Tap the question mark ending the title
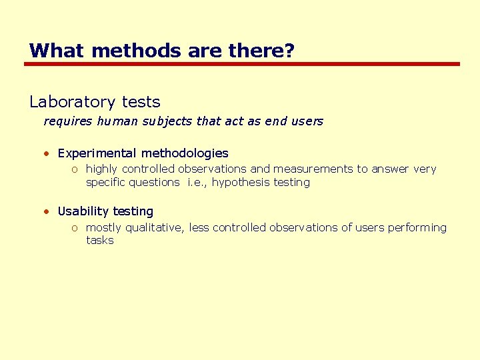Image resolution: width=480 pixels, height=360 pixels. pyautogui.click(x=289, y=51)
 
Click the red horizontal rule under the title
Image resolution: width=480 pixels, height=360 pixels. pyautogui.click(x=241, y=64)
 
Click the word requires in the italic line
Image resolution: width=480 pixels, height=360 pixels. pyautogui.click(x=68, y=121)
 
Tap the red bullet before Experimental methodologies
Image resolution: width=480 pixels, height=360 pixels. pyautogui.click(x=47, y=153)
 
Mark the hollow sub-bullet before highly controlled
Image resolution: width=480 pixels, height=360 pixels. pyautogui.click(x=75, y=170)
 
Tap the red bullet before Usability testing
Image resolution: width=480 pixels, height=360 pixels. pyautogui.click(x=47, y=211)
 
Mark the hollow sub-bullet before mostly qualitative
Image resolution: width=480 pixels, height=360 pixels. pyautogui.click(x=75, y=228)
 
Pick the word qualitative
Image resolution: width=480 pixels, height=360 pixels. pyautogui.click(x=155, y=227)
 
